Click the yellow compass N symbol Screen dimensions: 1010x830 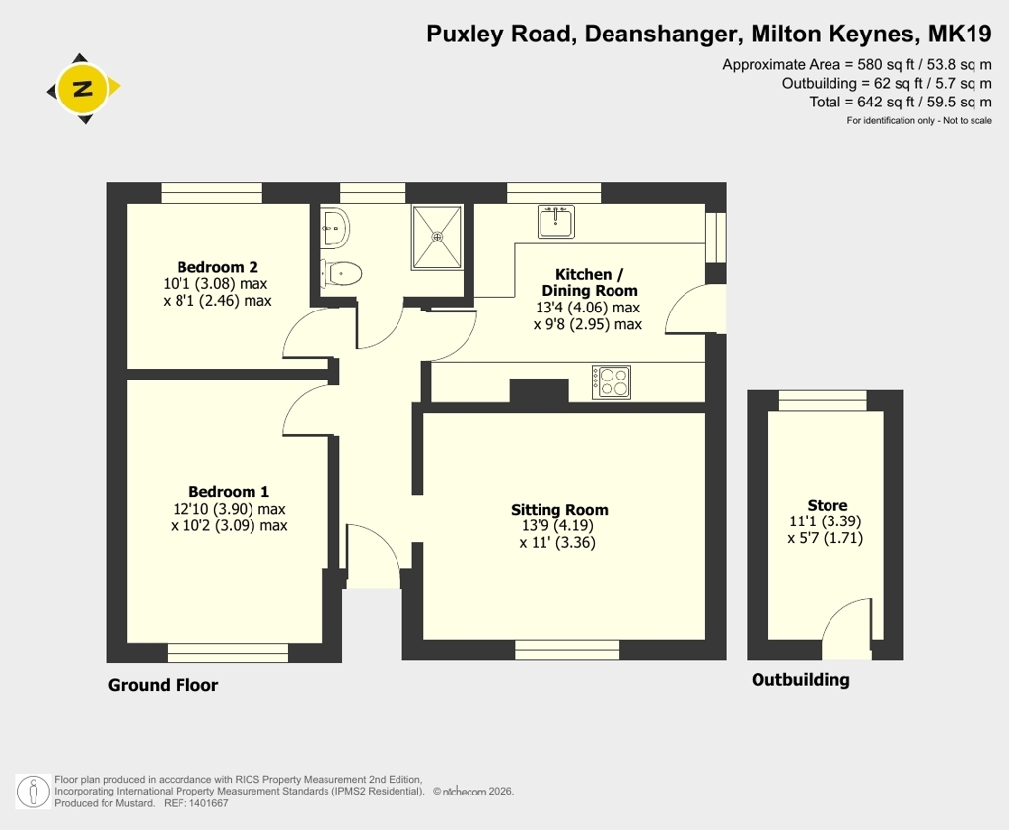pyautogui.click(x=83, y=88)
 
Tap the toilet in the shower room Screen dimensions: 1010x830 pyautogui.click(x=341, y=274)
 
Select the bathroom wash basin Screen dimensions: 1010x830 pyautogui.click(x=335, y=228)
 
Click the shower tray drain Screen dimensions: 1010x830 pyautogui.click(x=437, y=237)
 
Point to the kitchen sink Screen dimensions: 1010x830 pyautogui.click(x=555, y=222)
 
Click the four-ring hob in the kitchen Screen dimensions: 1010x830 pyautogui.click(x=612, y=381)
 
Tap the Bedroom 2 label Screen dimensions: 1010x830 pyautogui.click(x=218, y=266)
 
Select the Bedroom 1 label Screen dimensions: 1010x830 pyautogui.click(x=229, y=491)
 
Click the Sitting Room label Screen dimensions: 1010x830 pyautogui.click(x=559, y=510)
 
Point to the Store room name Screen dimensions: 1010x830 pyautogui.click(x=828, y=505)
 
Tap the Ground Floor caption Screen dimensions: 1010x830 pyautogui.click(x=163, y=685)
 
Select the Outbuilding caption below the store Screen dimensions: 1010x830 pyautogui.click(x=801, y=680)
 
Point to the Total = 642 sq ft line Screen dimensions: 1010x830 pyautogui.click(x=901, y=102)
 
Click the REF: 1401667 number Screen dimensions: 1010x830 pyautogui.click(x=196, y=803)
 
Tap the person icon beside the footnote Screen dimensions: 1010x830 pyautogui.click(x=33, y=792)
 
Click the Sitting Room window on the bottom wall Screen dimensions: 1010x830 pyautogui.click(x=567, y=650)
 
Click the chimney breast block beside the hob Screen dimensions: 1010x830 pyautogui.click(x=539, y=390)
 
